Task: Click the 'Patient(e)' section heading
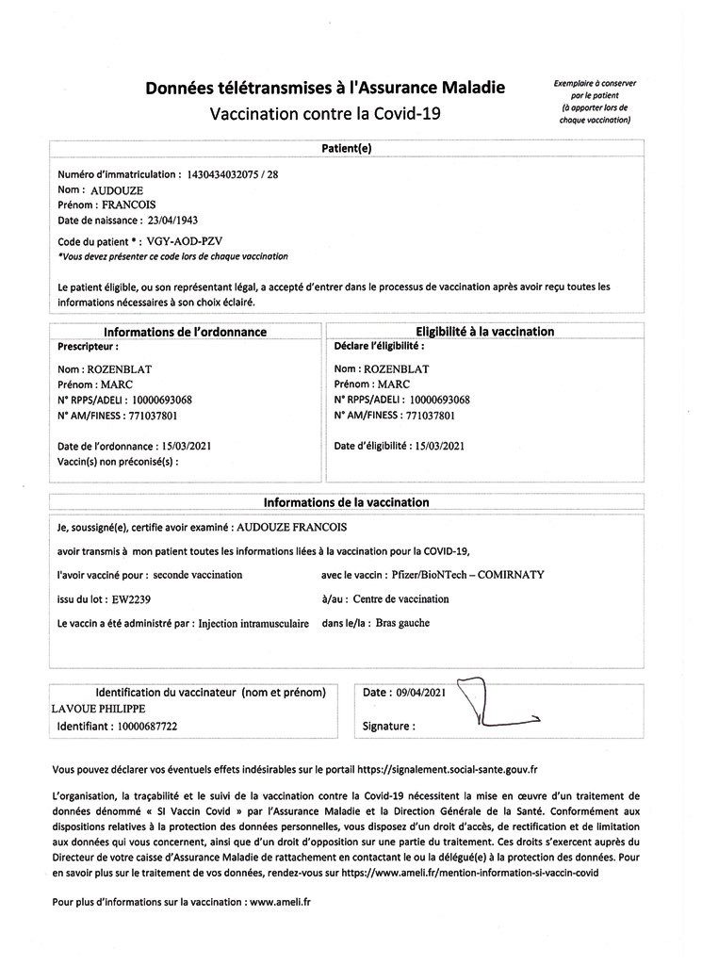pos(347,148)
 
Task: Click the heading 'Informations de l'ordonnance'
pos(185,332)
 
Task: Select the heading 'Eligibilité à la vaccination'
pos(484,332)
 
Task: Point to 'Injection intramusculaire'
pos(253,624)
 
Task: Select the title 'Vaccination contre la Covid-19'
pos(325,114)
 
